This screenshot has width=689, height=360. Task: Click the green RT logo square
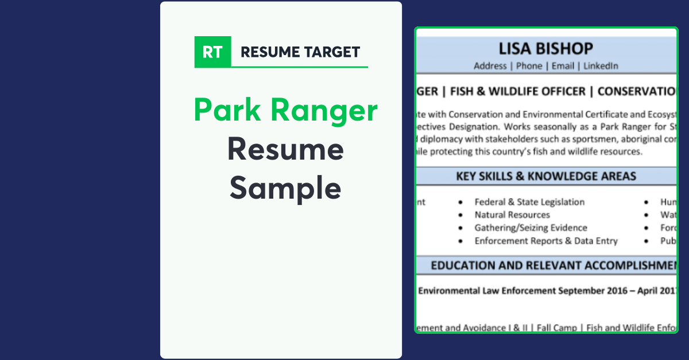click(212, 52)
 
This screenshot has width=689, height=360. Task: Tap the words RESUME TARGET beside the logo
click(300, 52)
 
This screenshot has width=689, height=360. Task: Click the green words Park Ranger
click(285, 110)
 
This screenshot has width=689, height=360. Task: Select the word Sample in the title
click(285, 188)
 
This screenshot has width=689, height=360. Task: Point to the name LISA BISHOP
click(545, 49)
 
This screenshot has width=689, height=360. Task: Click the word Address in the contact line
click(490, 66)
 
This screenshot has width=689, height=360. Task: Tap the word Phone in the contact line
click(529, 66)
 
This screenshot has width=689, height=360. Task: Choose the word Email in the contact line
click(563, 66)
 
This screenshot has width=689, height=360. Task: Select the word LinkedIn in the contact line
click(601, 66)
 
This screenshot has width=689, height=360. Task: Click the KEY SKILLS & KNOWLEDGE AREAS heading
click(546, 176)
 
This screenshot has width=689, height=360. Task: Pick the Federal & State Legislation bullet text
click(529, 202)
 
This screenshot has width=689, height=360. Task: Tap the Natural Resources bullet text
click(512, 215)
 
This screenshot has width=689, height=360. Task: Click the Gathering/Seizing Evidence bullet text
click(531, 228)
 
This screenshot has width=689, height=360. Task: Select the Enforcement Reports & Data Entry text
click(545, 241)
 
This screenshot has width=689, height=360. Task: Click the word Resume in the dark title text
click(285, 149)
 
